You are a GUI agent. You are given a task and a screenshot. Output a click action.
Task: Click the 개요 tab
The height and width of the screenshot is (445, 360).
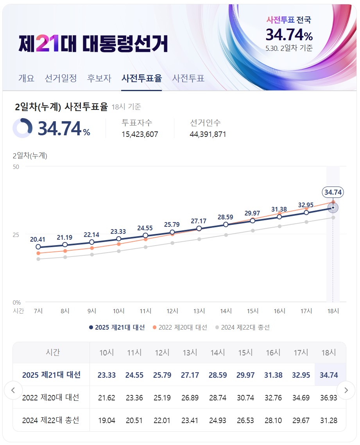(26, 78)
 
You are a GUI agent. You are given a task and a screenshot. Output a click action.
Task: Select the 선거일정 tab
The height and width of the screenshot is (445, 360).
(61, 78)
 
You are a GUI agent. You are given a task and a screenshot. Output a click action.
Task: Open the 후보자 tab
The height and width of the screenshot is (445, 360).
(99, 78)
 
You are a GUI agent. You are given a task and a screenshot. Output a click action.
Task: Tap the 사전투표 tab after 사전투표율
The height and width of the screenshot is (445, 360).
(188, 78)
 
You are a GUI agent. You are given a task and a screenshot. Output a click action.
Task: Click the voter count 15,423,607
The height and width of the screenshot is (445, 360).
(140, 134)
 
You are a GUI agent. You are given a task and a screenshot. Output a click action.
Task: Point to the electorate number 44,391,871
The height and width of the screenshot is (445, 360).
(208, 134)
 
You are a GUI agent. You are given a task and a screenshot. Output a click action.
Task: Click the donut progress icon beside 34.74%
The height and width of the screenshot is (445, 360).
(22, 128)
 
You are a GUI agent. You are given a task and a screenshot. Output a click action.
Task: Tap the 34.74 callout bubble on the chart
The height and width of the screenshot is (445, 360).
(333, 192)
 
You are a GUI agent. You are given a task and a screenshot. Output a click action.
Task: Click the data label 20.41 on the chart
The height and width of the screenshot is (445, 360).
(38, 240)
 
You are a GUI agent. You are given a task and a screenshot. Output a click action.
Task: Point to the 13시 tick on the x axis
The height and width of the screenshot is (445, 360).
(199, 311)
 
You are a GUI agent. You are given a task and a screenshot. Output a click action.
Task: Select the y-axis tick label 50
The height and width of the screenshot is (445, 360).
(16, 167)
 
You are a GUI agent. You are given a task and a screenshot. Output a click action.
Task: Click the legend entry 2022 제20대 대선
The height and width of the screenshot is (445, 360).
(180, 327)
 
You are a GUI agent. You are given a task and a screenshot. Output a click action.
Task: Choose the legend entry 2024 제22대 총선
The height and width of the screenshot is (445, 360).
(242, 327)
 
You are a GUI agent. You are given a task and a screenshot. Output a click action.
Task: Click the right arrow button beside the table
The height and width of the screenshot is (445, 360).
(346, 390)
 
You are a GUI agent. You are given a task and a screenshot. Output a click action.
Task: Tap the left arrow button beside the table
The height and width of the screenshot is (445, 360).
(13, 390)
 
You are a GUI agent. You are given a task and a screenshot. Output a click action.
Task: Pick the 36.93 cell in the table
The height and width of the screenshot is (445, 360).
(328, 398)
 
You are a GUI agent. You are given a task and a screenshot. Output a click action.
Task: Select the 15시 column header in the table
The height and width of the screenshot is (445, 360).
(245, 352)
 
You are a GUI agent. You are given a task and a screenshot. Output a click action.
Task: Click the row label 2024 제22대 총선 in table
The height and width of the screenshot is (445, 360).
(50, 420)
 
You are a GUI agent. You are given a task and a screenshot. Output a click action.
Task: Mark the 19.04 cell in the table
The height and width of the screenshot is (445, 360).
(106, 420)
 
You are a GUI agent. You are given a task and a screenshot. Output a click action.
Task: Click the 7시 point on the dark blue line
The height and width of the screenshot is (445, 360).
(38, 247)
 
